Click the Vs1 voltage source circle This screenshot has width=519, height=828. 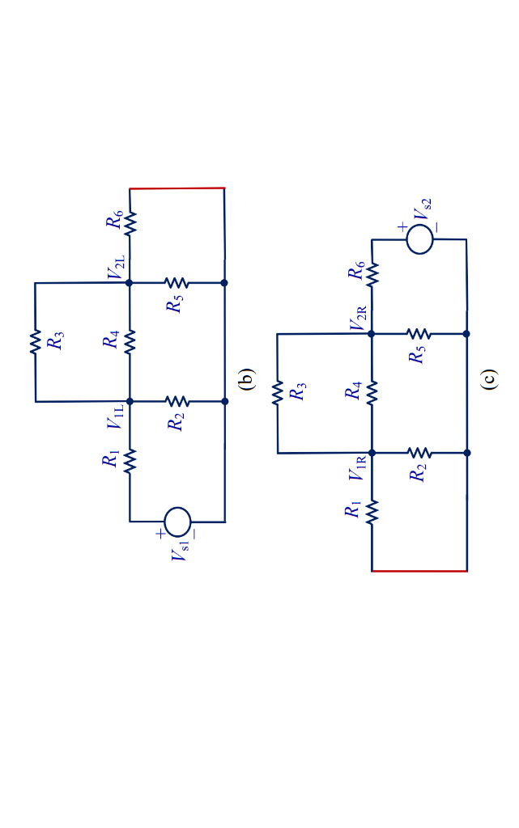pyautogui.click(x=177, y=521)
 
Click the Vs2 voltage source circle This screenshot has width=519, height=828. pyautogui.click(x=419, y=239)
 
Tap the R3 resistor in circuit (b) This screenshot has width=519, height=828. pyautogui.click(x=35, y=342)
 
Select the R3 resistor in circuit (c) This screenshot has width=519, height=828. pyautogui.click(x=277, y=393)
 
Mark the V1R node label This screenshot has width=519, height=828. pyautogui.click(x=358, y=468)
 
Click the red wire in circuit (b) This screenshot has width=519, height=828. pyautogui.click(x=177, y=188)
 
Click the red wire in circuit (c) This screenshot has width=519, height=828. pyautogui.click(x=419, y=571)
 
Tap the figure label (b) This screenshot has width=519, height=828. pyautogui.click(x=246, y=378)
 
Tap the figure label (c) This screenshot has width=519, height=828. pyautogui.click(x=488, y=378)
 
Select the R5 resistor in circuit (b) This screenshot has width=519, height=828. pyautogui.click(x=177, y=283)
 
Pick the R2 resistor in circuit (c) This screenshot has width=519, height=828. pyautogui.click(x=419, y=453)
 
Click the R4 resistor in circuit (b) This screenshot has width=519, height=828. pyautogui.click(x=130, y=342)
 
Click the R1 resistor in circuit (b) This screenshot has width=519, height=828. pyautogui.click(x=130, y=461)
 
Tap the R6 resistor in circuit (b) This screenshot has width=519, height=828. pyautogui.click(x=130, y=222)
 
